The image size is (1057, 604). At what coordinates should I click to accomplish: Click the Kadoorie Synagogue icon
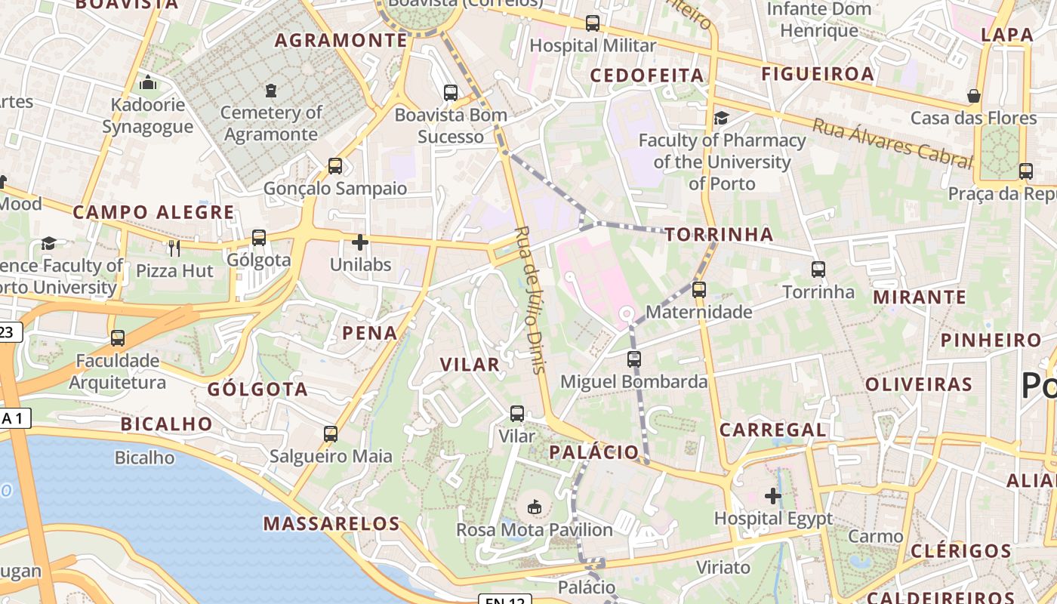(149, 82)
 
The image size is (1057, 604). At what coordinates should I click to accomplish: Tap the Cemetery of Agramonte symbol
(271, 91)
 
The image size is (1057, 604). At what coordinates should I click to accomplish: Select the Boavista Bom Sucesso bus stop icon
(451, 93)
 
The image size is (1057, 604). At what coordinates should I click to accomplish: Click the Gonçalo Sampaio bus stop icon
(334, 166)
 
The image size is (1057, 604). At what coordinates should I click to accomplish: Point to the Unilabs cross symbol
(360, 242)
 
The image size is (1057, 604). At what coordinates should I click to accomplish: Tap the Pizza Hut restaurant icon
(174, 247)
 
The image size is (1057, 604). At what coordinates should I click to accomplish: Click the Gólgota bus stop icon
(259, 238)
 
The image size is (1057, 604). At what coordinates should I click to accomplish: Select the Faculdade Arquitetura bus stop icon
(118, 337)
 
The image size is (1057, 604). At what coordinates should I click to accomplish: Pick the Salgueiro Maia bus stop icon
(331, 434)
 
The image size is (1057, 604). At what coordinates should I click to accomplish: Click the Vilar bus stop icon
(517, 414)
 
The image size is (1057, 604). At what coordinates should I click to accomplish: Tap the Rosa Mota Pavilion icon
(535, 506)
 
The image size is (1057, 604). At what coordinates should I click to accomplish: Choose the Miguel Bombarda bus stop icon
(634, 359)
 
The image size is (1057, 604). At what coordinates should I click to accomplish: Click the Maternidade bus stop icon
(699, 289)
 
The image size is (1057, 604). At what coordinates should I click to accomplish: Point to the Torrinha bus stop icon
(818, 269)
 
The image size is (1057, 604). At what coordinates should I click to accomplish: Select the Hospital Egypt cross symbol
(773, 496)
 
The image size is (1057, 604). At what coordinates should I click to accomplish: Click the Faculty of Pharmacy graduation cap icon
(722, 118)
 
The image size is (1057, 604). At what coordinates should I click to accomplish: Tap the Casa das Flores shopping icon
(974, 96)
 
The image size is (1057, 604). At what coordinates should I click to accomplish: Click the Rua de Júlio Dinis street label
(529, 300)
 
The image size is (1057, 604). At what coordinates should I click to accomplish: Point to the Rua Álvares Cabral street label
(892, 143)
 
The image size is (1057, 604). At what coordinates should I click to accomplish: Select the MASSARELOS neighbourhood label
(331, 523)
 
